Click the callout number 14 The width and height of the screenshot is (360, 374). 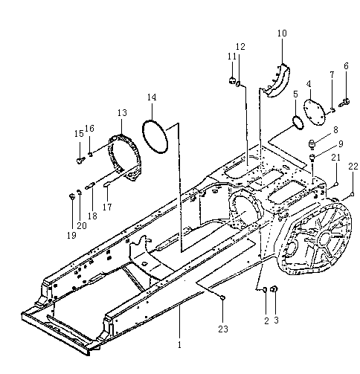pyautogui.click(x=152, y=97)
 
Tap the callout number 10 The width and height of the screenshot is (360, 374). pyautogui.click(x=282, y=33)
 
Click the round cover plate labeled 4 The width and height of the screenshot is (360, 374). pyautogui.click(x=315, y=112)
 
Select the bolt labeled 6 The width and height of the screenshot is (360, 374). pyautogui.click(x=344, y=102)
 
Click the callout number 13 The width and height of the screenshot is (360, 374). pyautogui.click(x=122, y=113)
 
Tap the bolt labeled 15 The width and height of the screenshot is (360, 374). pyautogui.click(x=80, y=161)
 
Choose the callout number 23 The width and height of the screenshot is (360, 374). pyautogui.click(x=223, y=329)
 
